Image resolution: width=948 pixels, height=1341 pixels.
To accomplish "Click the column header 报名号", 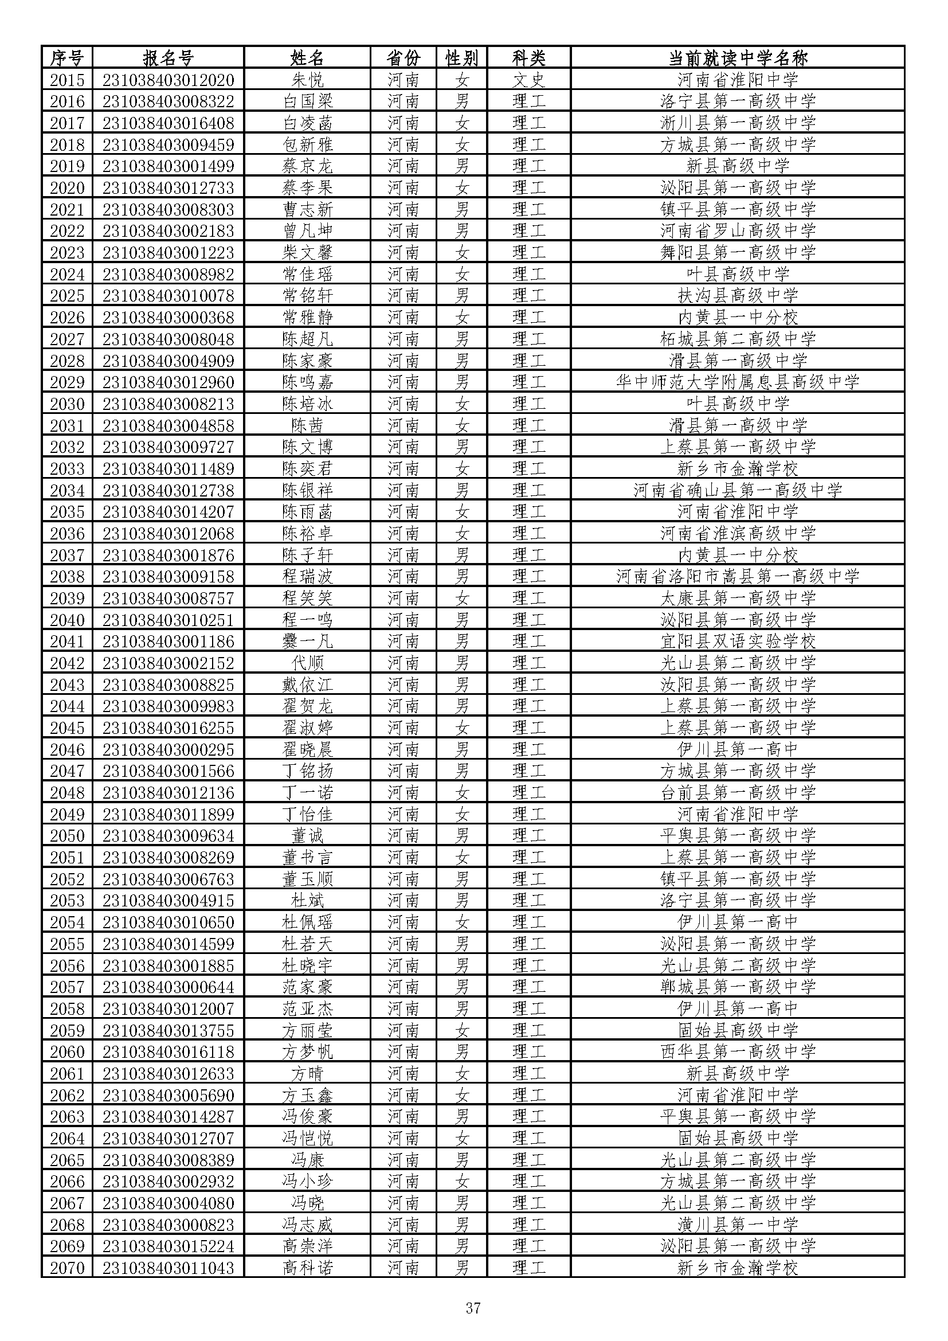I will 168,58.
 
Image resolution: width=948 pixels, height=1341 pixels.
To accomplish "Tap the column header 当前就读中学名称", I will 737,58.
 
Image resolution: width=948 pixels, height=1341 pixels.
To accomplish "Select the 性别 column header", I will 462,58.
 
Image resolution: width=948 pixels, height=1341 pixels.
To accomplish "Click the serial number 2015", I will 67,80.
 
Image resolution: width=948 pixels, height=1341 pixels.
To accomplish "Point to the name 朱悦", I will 307,80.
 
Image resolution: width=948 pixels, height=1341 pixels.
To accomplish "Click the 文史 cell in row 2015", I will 529,80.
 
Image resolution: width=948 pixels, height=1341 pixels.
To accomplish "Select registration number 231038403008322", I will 168,101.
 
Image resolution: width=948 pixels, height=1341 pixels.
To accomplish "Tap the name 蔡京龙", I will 307,166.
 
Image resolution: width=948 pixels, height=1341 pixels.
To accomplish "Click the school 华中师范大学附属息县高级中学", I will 737,382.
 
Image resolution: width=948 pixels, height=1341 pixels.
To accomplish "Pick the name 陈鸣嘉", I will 307,382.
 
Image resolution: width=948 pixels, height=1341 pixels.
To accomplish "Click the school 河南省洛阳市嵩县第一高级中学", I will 737,576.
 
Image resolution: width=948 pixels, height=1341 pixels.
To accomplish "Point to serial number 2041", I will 67,642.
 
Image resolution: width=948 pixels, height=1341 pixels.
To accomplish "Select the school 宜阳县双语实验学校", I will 737,642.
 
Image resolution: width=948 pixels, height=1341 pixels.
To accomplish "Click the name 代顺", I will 307,663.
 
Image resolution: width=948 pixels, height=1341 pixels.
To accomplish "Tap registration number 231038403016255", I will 168,728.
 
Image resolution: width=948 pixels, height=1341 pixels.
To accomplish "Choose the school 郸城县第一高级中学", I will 737,987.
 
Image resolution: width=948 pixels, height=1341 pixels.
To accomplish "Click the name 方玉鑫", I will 307,1095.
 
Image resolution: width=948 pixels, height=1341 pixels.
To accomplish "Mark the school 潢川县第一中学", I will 737,1225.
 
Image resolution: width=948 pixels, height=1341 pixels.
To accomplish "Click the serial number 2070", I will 67,1268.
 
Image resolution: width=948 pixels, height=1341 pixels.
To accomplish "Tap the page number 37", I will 473,1308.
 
